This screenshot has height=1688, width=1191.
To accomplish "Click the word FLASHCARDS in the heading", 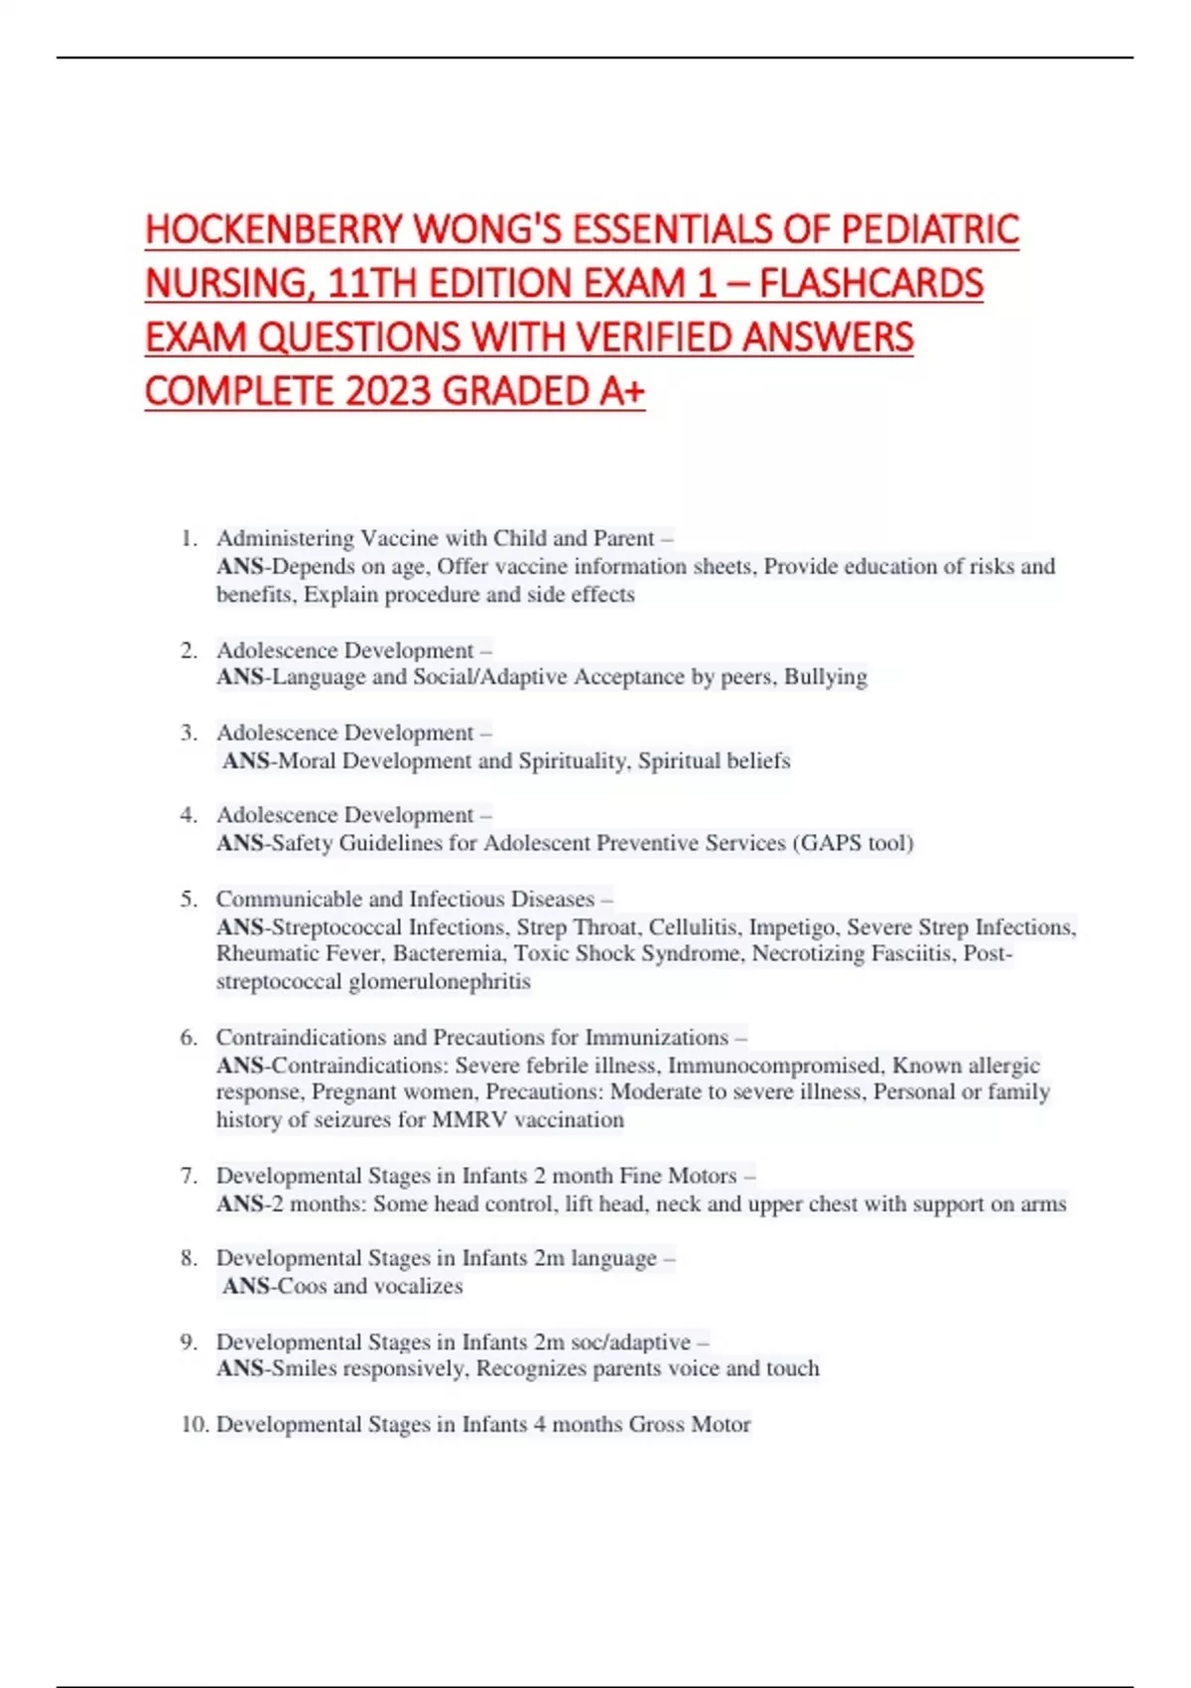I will click(870, 284).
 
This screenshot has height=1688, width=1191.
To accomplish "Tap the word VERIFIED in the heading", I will click(654, 338).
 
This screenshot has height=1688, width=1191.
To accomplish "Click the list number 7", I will click(189, 1176).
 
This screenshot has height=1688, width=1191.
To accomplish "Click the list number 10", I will click(195, 1424).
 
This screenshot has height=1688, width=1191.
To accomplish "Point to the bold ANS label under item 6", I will click(240, 1065).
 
